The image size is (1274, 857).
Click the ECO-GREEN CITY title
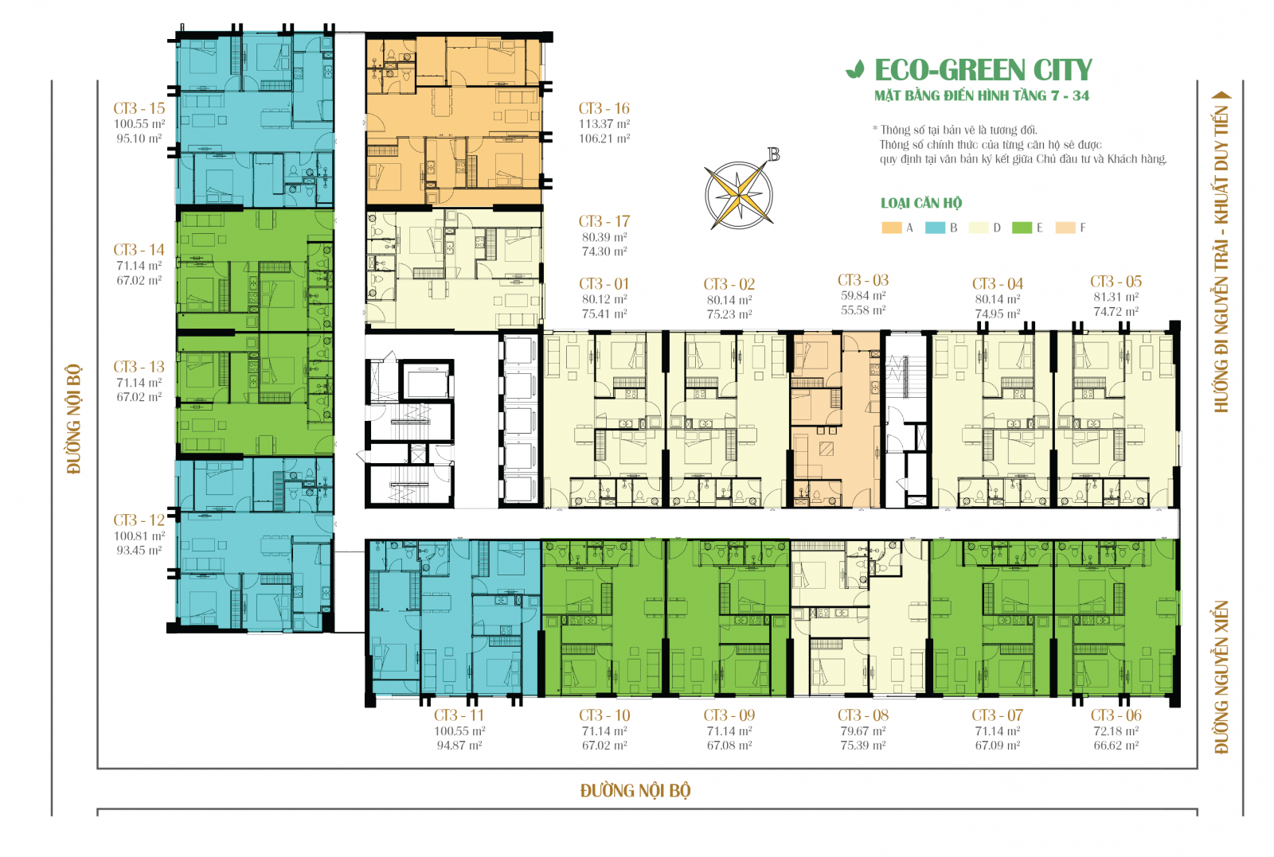coord(983,70)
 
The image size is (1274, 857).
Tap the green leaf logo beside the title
coord(854,70)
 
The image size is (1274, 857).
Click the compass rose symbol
coord(738,194)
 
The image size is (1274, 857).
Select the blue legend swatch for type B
coord(935,228)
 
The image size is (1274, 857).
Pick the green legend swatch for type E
coord(1022,228)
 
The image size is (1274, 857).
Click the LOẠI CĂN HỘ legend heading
coord(921,203)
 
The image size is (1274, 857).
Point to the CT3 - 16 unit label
coord(604,108)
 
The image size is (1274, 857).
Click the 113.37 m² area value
coord(604,124)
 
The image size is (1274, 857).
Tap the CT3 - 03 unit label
coord(863,280)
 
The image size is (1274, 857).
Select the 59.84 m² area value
coord(863,296)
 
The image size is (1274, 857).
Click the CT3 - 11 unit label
coord(459,715)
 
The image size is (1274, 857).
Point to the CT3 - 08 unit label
coord(863,715)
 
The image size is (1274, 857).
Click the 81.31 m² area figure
coord(1116,297)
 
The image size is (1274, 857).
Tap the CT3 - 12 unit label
coord(139,520)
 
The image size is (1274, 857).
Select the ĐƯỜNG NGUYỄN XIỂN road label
coord(1221,676)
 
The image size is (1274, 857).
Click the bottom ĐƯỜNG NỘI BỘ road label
coord(635,790)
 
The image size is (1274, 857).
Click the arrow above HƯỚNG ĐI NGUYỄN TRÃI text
coord(1221,95)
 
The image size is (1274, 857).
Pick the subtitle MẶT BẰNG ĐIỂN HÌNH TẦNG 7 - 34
coord(981,95)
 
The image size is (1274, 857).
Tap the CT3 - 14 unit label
coord(139,250)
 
